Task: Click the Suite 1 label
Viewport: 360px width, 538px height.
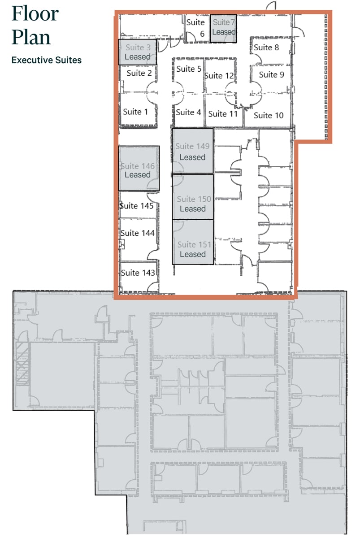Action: (135, 112)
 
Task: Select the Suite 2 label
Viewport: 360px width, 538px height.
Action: (139, 73)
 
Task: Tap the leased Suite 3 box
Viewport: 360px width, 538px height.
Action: (137, 52)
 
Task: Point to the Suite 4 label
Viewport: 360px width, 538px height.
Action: (188, 113)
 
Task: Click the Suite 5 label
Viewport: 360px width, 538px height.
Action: (189, 69)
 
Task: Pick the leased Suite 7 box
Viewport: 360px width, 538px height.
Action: (223, 27)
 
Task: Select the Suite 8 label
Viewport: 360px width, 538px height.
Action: (266, 48)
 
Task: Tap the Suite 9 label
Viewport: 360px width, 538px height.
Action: (271, 75)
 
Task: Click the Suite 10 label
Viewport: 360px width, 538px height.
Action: (269, 116)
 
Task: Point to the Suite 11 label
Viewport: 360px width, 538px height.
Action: (223, 114)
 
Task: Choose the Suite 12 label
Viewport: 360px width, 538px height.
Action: (219, 76)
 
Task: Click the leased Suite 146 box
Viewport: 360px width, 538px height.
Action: (139, 169)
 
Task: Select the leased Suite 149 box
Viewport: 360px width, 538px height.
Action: (192, 152)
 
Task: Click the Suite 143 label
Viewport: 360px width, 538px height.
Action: (138, 273)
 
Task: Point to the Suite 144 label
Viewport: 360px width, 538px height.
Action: (138, 233)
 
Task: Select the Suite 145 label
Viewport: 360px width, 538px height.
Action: (137, 206)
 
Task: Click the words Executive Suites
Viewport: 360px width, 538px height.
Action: (47, 60)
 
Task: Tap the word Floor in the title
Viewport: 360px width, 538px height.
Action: (35, 13)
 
